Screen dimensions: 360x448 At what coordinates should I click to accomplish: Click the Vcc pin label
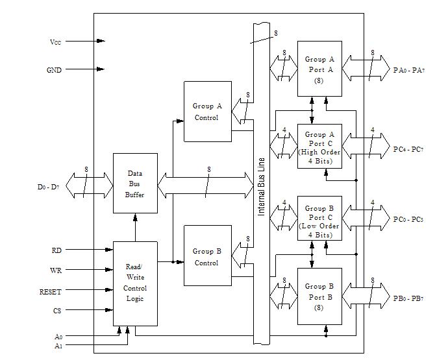[56, 42]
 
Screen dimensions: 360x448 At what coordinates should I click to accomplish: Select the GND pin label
[55, 70]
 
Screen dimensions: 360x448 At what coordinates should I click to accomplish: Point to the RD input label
[56, 250]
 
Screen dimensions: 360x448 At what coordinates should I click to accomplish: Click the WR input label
[56, 270]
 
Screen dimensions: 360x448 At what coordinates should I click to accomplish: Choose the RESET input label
[50, 292]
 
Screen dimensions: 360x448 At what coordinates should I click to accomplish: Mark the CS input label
[57, 311]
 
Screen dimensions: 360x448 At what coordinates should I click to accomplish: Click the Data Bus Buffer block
[135, 184]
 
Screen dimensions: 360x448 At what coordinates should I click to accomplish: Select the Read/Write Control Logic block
[135, 283]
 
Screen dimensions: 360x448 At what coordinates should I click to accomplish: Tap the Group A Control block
[207, 112]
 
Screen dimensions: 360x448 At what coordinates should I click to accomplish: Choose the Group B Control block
[207, 256]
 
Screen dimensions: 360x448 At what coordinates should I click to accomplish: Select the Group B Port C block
[319, 219]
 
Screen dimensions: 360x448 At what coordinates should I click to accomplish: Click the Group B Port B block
[319, 296]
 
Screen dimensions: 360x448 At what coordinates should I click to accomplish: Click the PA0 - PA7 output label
[409, 69]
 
